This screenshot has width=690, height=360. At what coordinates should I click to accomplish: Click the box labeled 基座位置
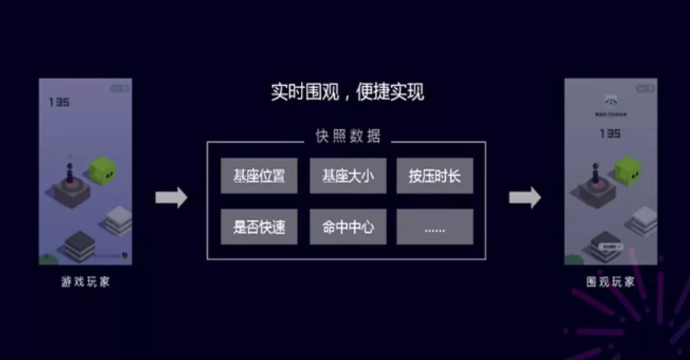[x=259, y=176]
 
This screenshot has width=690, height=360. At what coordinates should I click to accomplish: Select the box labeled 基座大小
[x=348, y=176]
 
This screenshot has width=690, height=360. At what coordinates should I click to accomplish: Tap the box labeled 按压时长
[x=434, y=176]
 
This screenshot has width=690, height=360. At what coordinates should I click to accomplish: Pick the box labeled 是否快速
[x=259, y=227]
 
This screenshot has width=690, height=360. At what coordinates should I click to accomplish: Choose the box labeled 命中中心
[x=348, y=227]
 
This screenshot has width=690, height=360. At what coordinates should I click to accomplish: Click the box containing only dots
[x=434, y=227]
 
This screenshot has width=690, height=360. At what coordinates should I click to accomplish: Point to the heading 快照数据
[x=348, y=136]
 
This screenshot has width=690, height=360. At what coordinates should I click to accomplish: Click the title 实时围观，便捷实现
[x=348, y=92]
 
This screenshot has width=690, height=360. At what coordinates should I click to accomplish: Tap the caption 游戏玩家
[x=85, y=282]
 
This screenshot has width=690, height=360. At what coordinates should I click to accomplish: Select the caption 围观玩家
[x=611, y=282]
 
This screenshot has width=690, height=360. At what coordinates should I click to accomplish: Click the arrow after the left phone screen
[x=171, y=198]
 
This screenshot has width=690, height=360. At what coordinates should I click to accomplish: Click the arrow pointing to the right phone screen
[x=525, y=198]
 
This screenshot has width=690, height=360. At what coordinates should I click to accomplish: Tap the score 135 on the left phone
[x=59, y=102]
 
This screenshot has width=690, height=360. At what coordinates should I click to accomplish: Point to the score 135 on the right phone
[x=610, y=133]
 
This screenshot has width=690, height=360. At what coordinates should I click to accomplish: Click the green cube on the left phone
[x=102, y=170]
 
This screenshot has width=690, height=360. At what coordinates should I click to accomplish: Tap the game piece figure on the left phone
[x=70, y=172]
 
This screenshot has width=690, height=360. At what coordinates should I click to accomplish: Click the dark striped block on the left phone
[x=80, y=245]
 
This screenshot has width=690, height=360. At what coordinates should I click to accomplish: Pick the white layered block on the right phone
[x=645, y=220]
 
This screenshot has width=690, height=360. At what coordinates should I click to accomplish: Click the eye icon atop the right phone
[x=611, y=101]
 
